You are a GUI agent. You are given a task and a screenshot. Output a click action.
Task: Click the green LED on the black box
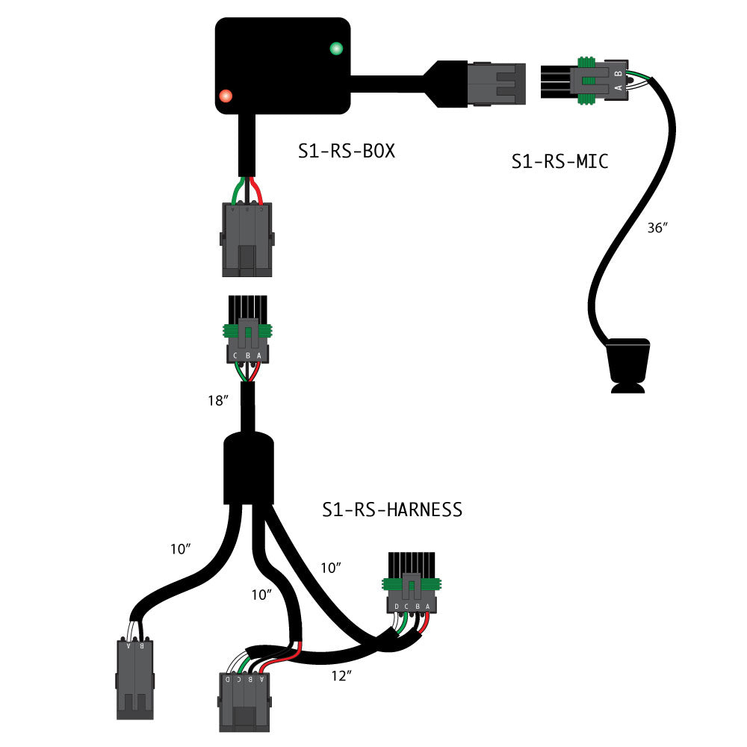pyautogui.click(x=335, y=49)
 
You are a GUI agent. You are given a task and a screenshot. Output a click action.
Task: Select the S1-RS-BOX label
pyautogui.click(x=346, y=152)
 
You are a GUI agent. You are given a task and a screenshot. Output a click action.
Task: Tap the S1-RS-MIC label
pyautogui.click(x=560, y=161)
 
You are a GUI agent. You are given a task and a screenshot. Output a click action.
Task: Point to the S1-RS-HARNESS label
pyautogui.click(x=392, y=509)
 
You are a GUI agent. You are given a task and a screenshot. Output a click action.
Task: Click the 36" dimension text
pyautogui.click(x=657, y=229)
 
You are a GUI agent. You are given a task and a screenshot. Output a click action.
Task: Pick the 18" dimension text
pyautogui.click(x=217, y=401)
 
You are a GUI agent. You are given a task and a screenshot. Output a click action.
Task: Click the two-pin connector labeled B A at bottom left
pyautogui.click(x=134, y=676)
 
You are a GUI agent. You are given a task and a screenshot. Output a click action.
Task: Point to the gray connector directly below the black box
pyautogui.click(x=247, y=239)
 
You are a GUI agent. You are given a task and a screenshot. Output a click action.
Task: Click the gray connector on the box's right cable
pyautogui.click(x=497, y=82)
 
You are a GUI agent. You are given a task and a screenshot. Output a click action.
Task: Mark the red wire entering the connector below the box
pyautogui.click(x=258, y=192)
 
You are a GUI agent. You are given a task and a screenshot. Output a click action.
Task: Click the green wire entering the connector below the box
pyautogui.click(x=236, y=192)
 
